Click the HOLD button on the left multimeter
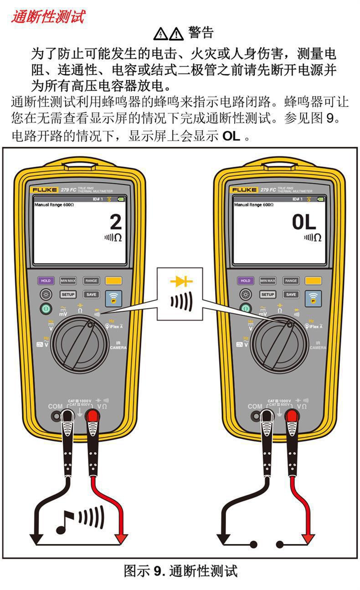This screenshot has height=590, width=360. (x=46, y=281)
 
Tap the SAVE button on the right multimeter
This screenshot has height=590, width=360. (x=291, y=294)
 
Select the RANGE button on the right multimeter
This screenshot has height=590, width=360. (x=291, y=281)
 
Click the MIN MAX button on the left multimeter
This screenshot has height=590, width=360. (x=68, y=281)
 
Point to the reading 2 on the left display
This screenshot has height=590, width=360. (x=116, y=222)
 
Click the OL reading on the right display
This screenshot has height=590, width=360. (x=304, y=222)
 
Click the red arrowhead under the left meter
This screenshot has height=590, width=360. (x=121, y=539)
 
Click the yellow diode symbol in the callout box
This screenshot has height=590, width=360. (x=181, y=282)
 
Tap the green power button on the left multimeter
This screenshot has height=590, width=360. (x=46, y=308)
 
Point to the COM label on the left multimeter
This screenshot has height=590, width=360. (x=56, y=406)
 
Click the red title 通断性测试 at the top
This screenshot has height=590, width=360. (x=48, y=17)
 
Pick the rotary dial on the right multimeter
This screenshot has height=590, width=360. (x=281, y=342)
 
